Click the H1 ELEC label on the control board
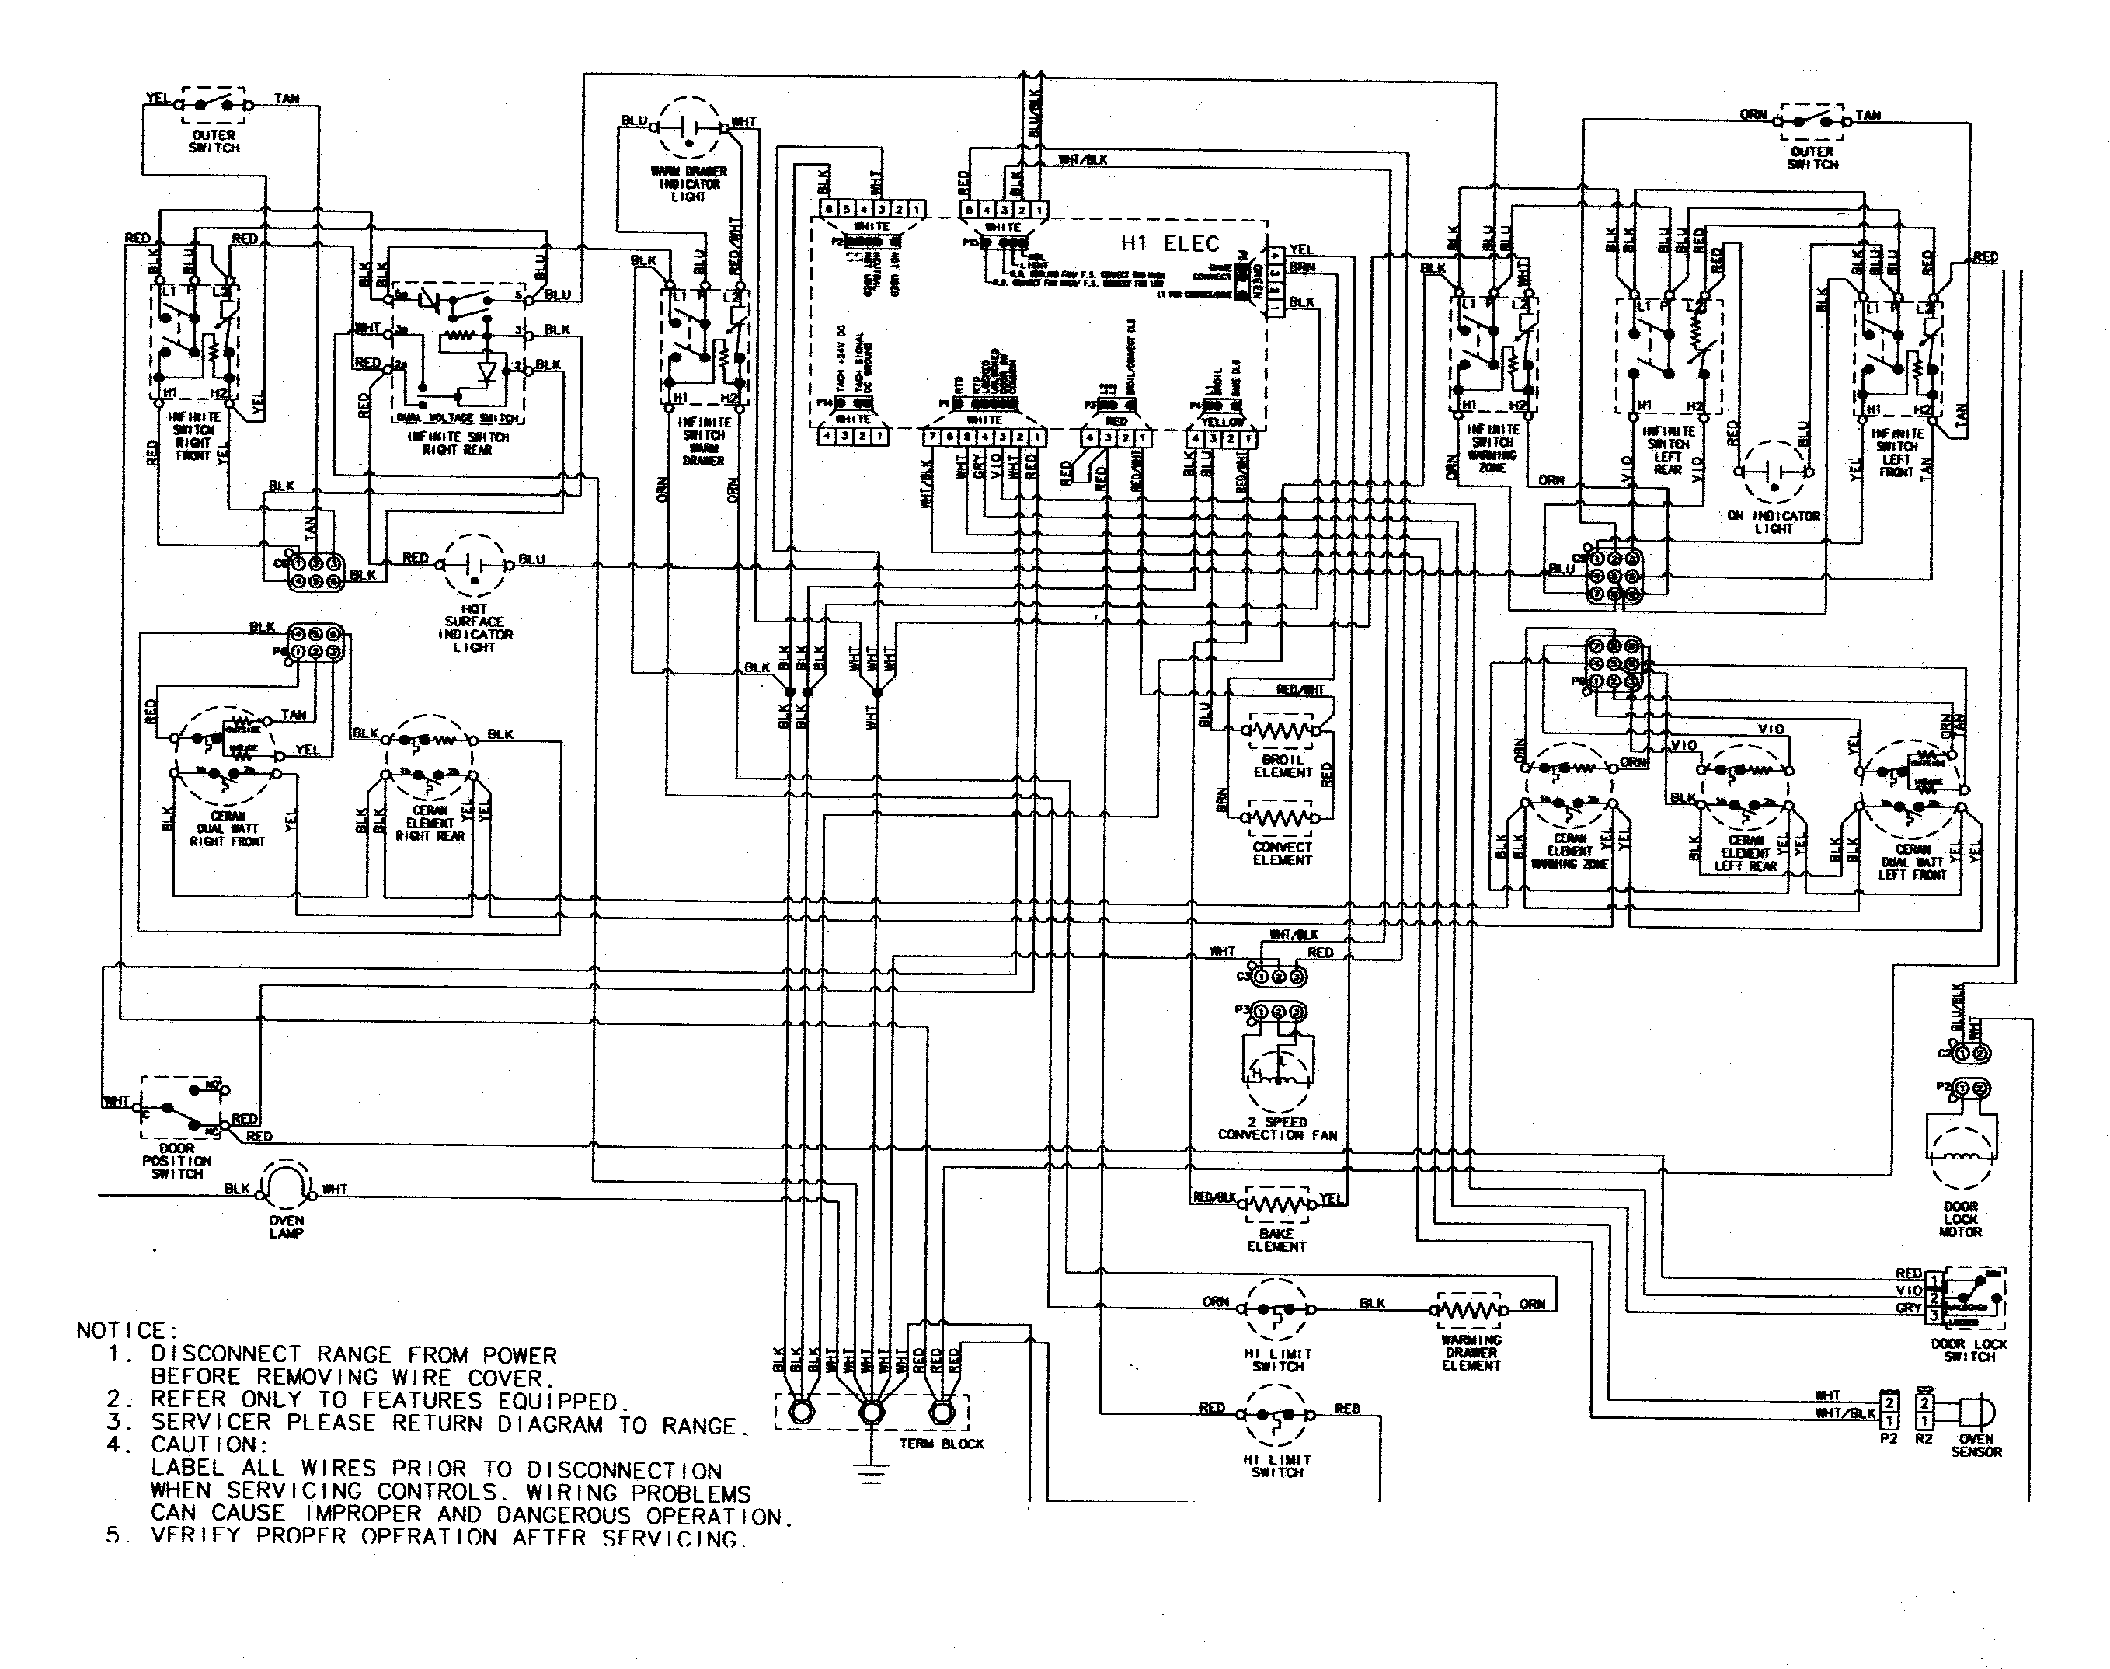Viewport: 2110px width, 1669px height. point(1169,243)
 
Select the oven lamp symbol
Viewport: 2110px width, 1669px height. point(286,1186)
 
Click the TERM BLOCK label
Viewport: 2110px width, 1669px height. point(941,1443)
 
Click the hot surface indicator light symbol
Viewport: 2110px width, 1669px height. point(475,566)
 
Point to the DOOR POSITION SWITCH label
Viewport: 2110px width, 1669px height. point(177,1161)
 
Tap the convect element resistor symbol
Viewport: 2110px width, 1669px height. point(1282,817)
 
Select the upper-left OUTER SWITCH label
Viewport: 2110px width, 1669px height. point(213,141)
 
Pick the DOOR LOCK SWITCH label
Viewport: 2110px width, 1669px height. point(1969,1350)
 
